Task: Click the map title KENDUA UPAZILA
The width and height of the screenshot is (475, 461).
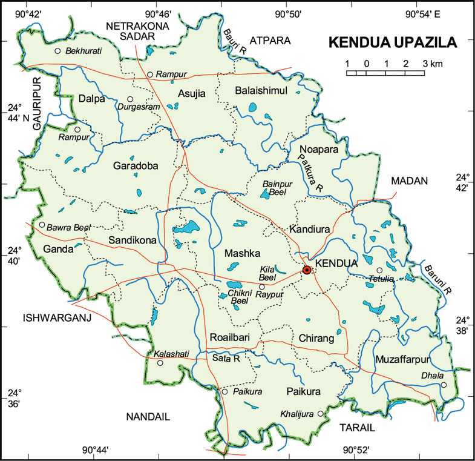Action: [392, 43]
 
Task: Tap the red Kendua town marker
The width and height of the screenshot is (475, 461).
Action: [307, 270]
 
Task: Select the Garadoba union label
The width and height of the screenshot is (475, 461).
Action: [135, 165]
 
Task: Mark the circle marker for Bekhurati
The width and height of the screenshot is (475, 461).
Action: [58, 51]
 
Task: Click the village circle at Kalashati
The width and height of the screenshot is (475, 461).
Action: [160, 363]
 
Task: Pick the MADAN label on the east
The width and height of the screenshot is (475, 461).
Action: [409, 181]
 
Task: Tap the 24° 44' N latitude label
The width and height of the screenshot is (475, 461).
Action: [16, 113]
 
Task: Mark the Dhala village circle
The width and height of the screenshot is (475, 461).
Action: [444, 385]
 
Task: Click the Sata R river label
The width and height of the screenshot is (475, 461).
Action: [227, 359]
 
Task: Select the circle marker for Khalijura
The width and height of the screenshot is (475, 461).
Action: [321, 414]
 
